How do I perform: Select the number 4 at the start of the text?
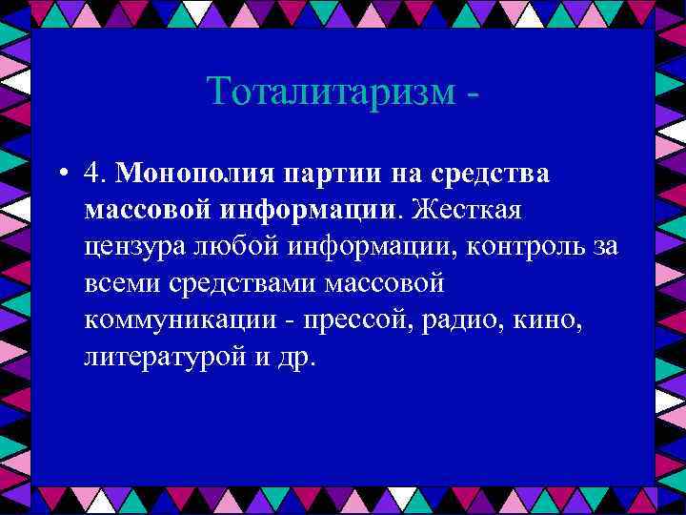[91, 173]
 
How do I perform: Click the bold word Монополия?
[196, 174]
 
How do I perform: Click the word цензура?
[137, 247]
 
